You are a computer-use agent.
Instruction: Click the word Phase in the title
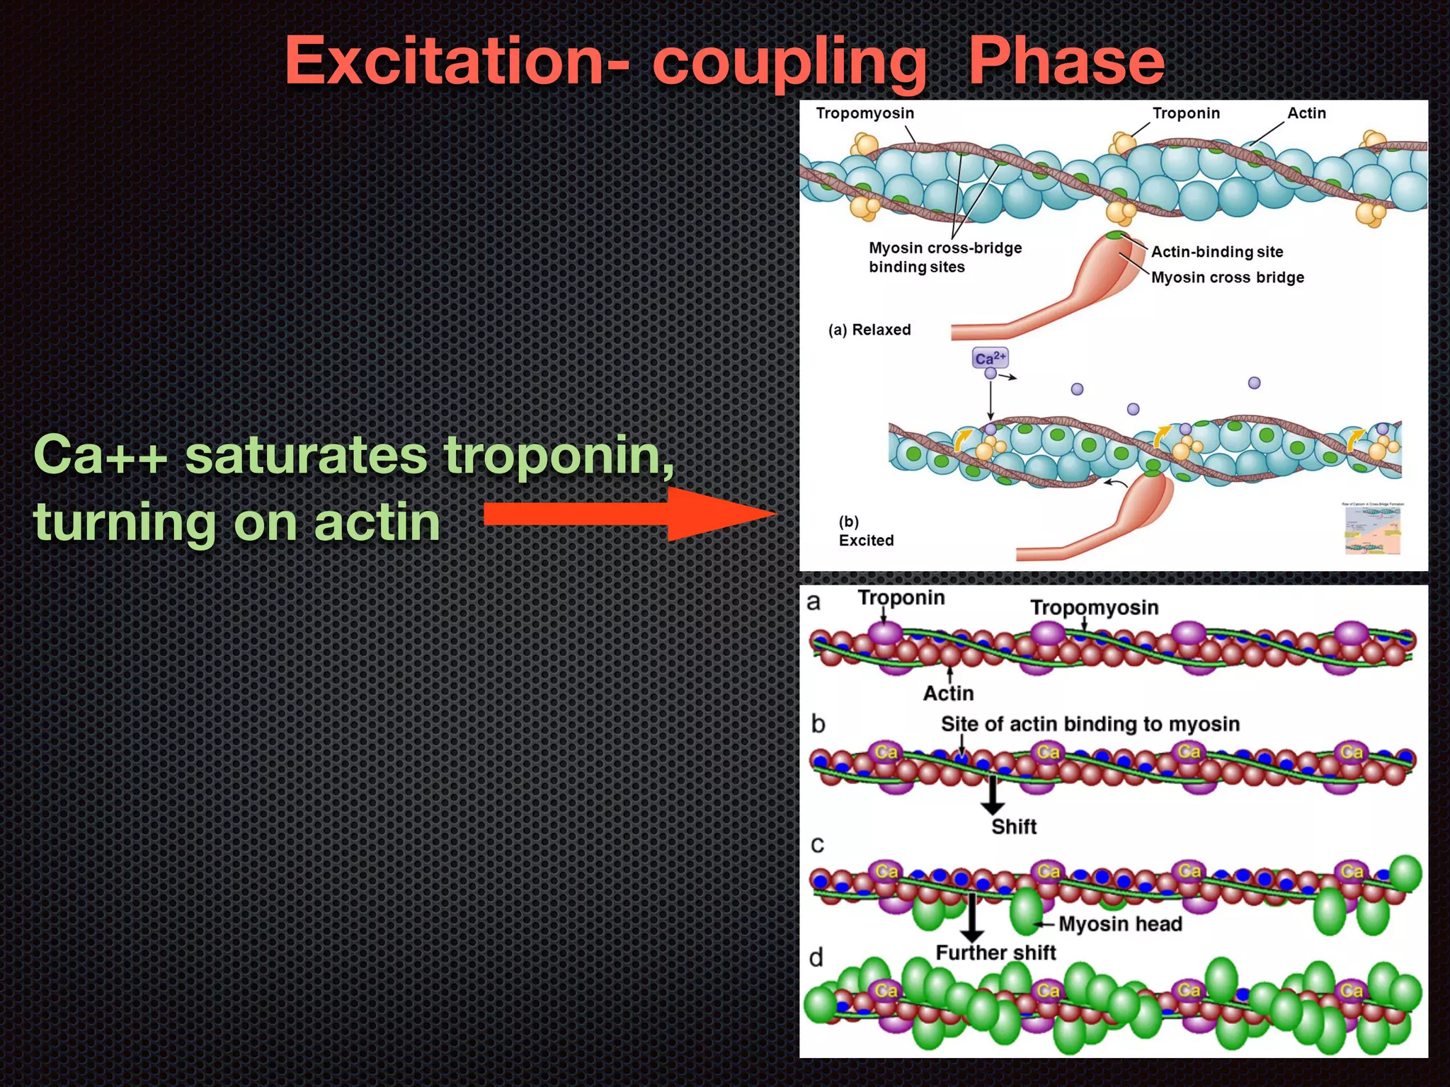tap(1066, 62)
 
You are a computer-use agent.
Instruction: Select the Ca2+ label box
tap(990, 358)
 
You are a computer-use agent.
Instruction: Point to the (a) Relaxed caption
tap(869, 330)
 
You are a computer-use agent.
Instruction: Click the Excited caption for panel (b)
tap(866, 541)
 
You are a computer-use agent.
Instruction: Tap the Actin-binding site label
tap(1217, 252)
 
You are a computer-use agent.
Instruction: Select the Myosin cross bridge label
tap(1228, 277)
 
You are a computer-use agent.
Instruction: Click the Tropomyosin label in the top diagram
tap(864, 113)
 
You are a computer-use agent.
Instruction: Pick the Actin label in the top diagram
tap(1306, 113)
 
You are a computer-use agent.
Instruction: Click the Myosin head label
tap(1120, 924)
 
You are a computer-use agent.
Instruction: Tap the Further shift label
tap(995, 953)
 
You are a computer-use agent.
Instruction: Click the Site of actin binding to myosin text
tap(1090, 724)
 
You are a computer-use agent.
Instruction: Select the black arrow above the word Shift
tap(993, 795)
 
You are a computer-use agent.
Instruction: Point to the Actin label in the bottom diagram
tap(948, 694)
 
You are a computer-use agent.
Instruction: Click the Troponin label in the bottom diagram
tap(901, 598)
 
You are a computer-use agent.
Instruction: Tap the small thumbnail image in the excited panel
tap(1373, 529)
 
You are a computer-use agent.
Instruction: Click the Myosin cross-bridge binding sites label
tap(945, 258)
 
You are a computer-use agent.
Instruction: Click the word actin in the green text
tap(377, 522)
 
